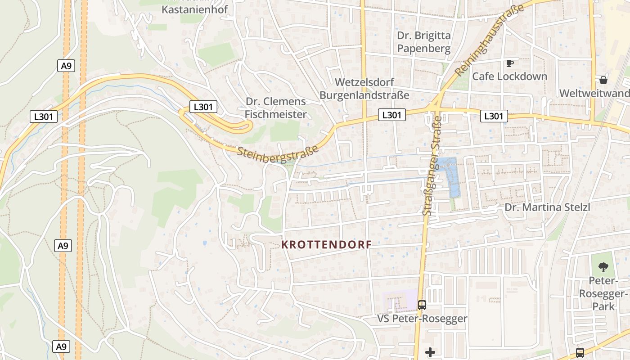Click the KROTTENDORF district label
(326, 245)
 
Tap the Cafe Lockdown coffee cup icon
(509, 63)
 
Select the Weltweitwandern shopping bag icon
(603, 80)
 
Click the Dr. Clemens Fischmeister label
(276, 108)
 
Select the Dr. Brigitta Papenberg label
(423, 42)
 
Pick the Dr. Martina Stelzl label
(547, 207)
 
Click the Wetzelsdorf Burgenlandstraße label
(364, 89)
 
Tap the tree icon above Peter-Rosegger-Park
(603, 267)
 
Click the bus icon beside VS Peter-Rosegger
(422, 305)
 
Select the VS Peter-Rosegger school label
(422, 319)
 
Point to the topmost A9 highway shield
(66, 66)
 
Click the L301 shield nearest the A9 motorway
(44, 116)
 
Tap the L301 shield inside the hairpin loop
(203, 107)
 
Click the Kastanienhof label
(194, 9)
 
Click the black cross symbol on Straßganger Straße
(430, 352)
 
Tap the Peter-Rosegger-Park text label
(603, 293)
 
